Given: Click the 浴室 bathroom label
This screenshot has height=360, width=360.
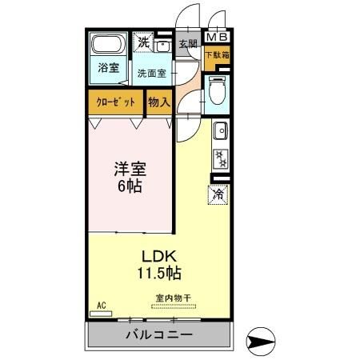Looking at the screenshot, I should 109,68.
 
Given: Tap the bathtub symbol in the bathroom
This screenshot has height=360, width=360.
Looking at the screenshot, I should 105,45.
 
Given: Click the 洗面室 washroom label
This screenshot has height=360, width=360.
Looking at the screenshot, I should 151,73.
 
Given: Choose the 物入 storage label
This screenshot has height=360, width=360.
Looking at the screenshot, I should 158,103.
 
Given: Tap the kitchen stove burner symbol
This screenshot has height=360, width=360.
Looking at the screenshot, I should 220,157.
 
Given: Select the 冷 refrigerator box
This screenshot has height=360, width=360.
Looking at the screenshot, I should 218,193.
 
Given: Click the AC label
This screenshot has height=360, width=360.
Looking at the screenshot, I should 101,305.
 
